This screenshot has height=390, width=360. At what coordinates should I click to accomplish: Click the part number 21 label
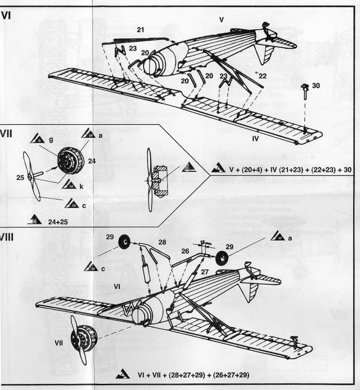pyautogui.click(x=141, y=29)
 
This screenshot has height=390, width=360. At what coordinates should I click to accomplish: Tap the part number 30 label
pyautogui.click(x=316, y=85)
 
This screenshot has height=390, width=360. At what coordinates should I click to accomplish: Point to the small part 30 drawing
pyautogui.click(x=304, y=89)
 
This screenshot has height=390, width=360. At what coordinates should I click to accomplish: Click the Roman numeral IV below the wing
pyautogui.click(x=255, y=138)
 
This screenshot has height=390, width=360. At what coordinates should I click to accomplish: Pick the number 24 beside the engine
pyautogui.click(x=92, y=161)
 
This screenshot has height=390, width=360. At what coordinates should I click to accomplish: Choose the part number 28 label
pyautogui.click(x=162, y=242)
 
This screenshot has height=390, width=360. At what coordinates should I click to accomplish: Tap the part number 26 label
pyautogui.click(x=184, y=251)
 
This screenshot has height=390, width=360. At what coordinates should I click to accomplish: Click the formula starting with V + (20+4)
pyautogui.click(x=286, y=167)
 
